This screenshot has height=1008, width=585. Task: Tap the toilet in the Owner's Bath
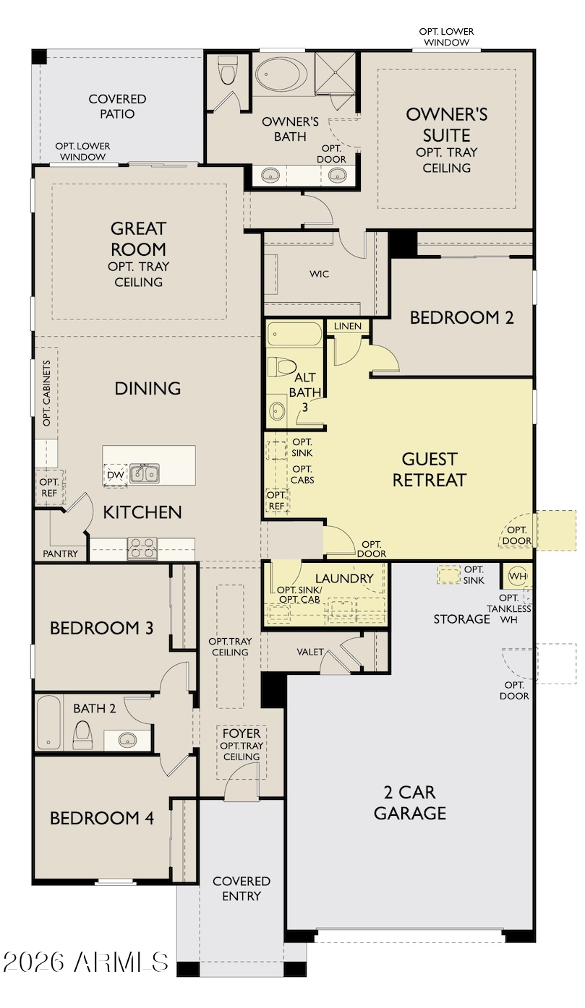[x=228, y=70]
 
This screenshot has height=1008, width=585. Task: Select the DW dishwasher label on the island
[x=115, y=475]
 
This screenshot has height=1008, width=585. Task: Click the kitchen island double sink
[x=145, y=474]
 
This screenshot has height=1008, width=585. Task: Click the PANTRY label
[x=60, y=554]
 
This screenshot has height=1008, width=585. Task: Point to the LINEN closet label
[x=348, y=326]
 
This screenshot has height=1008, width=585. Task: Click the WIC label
[x=320, y=274]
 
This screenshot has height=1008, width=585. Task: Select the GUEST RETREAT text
[x=430, y=470]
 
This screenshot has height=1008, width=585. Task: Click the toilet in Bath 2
[x=82, y=735]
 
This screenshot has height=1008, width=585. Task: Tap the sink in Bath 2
[x=127, y=739]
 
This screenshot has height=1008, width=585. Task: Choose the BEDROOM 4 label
[x=102, y=818]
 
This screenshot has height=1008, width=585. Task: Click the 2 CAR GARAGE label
[x=410, y=803]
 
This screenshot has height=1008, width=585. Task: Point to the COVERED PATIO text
[x=118, y=106]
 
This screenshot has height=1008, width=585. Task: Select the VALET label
[x=310, y=652]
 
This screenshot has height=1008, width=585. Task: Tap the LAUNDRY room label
[x=344, y=579]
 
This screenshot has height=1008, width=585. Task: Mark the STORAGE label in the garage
[x=461, y=619]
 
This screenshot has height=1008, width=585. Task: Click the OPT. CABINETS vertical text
[x=47, y=393]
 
